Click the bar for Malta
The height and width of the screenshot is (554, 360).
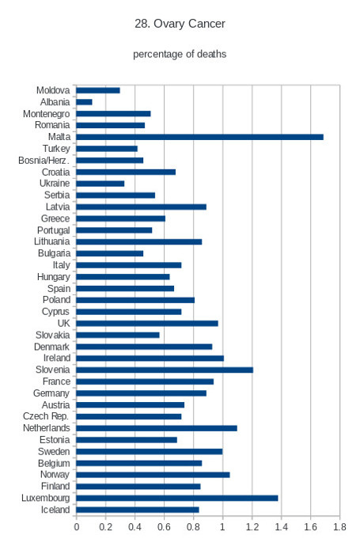tap(199, 137)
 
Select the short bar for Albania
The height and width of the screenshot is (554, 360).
tap(84, 102)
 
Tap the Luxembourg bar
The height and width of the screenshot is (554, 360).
tap(177, 498)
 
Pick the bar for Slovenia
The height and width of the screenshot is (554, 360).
tap(165, 370)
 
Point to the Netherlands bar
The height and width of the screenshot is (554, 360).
tap(157, 428)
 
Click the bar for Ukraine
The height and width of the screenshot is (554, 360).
tap(100, 184)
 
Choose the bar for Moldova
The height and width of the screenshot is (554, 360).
tap(98, 90)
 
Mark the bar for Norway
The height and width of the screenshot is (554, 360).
tap(153, 475)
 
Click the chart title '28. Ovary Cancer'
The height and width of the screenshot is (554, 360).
tap(180, 24)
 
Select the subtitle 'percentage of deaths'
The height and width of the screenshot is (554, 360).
tap(180, 54)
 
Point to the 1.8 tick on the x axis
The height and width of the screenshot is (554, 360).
tap(339, 527)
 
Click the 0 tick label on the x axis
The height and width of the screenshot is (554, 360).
tap(76, 527)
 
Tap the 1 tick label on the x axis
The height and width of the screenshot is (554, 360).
tap(222, 527)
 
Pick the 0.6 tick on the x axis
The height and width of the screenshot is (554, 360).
tap(164, 527)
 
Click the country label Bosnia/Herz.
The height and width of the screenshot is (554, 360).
tap(44, 161)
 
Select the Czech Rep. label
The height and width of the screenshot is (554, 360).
tap(46, 416)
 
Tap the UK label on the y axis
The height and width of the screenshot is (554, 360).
tap(63, 323)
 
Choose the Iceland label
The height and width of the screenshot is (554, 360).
tap(55, 510)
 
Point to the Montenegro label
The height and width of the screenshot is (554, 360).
tap(46, 114)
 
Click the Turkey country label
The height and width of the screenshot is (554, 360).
tap(56, 149)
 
